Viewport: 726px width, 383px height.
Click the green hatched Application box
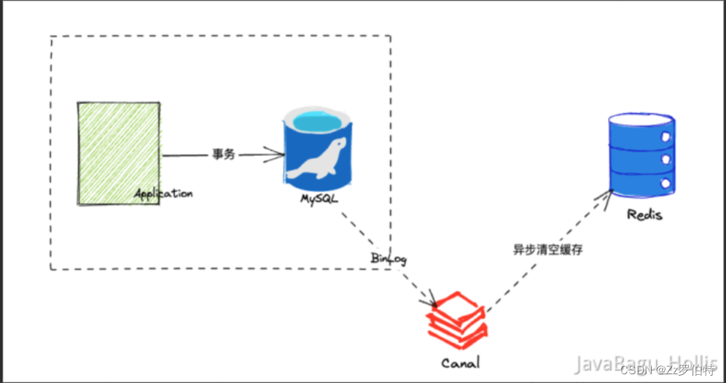tap(119, 151)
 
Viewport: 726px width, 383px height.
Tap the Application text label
tap(163, 193)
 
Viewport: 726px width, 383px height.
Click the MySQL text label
tap(319, 199)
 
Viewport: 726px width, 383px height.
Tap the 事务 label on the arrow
tap(224, 155)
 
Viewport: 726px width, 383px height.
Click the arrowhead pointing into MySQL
tap(277, 154)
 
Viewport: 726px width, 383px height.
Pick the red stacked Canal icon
tap(457, 318)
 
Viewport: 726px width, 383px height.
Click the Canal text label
tap(461, 362)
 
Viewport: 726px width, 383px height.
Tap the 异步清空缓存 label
tap(547, 249)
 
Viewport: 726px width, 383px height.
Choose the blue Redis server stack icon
tap(640, 153)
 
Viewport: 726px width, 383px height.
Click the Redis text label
tap(644, 215)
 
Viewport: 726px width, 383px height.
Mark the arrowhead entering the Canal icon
tap(432, 301)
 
